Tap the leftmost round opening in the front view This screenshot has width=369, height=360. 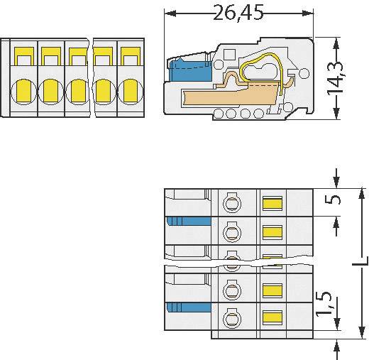pyautogui.click(x=22, y=91)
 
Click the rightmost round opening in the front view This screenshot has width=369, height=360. pyautogui.click(x=128, y=91)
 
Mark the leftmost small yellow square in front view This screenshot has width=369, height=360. pyautogui.click(x=22, y=54)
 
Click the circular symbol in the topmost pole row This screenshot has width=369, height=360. pyautogui.click(x=231, y=204)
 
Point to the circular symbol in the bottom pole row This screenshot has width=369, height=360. pyautogui.click(x=231, y=317)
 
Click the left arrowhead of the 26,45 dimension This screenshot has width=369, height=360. pyautogui.click(x=169, y=13)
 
